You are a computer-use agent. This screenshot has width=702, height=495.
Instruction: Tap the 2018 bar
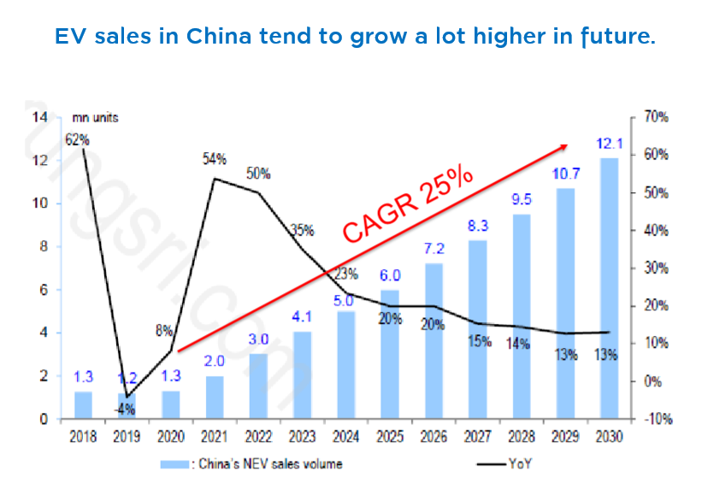pyautogui.click(x=83, y=404)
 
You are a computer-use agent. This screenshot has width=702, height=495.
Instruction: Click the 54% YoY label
pyautogui.click(x=214, y=159)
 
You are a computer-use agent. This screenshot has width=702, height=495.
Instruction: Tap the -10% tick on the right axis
pyautogui.click(x=656, y=419)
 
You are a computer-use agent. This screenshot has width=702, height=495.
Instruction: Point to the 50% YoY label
pyautogui.click(x=258, y=174)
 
